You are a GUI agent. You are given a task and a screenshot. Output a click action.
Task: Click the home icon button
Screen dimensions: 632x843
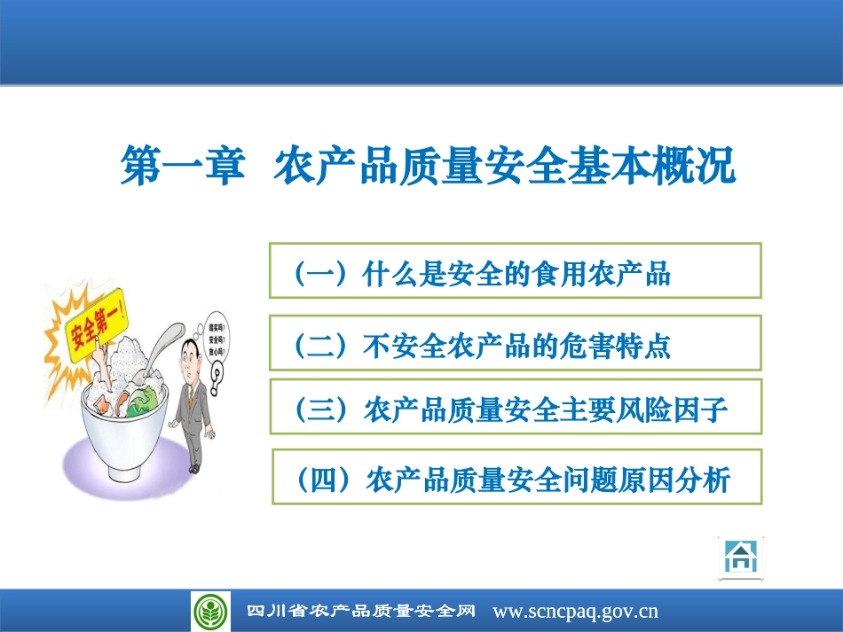click(x=740, y=558)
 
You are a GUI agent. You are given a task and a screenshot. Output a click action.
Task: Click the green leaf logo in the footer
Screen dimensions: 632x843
click(x=210, y=612)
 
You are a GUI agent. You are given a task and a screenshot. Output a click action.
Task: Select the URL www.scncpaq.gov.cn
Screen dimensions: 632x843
click(x=575, y=612)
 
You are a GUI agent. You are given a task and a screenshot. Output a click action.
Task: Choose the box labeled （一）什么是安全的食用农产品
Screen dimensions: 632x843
click(x=516, y=271)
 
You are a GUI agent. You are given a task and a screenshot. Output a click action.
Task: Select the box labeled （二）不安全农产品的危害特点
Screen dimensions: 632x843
click(x=516, y=342)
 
